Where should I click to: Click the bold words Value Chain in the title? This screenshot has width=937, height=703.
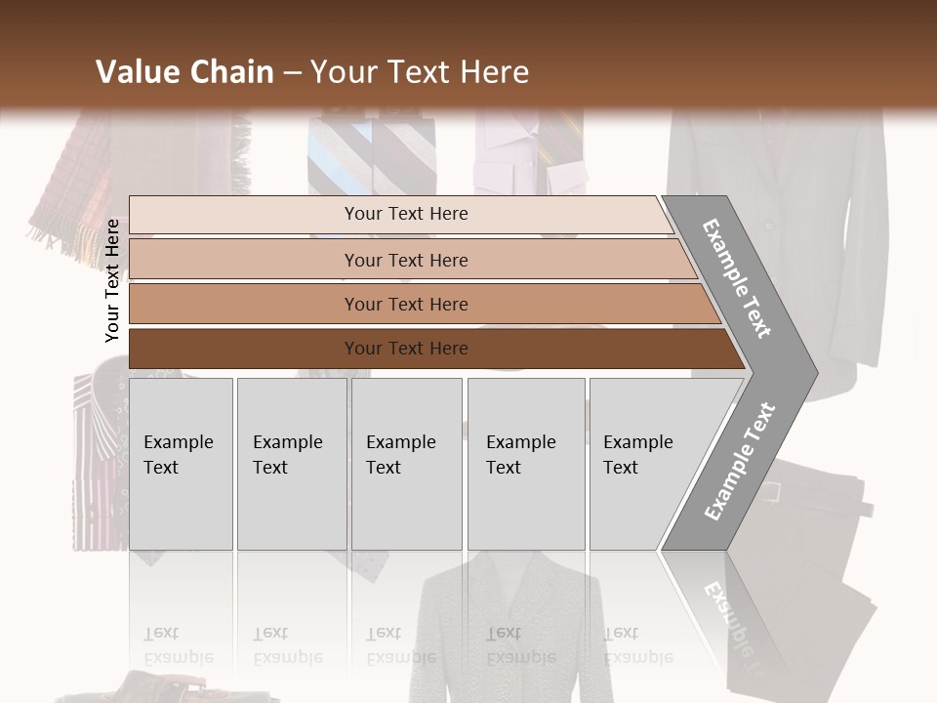coord(184,72)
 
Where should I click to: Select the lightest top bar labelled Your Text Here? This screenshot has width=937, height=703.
coord(405,214)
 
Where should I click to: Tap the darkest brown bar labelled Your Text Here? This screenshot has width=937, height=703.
coord(405,349)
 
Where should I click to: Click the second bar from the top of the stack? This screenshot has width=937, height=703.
coord(405,260)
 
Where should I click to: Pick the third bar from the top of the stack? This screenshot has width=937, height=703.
coord(405,304)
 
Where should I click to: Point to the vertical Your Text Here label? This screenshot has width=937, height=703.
coord(112,280)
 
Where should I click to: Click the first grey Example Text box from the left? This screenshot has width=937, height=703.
coord(181,463)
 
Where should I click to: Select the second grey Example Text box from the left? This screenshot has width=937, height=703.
coord(291,463)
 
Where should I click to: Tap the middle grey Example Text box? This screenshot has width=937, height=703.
coord(406,463)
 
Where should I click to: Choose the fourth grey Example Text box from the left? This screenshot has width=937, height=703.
coord(525,463)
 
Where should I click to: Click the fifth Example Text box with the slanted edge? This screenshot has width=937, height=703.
coord(639,463)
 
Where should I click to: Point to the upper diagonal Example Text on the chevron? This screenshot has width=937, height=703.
coord(738,278)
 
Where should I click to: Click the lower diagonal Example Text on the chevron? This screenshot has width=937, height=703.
coord(740,462)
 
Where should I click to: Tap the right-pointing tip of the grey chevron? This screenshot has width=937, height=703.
coord(814,371)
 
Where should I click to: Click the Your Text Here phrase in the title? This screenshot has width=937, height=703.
coord(420,72)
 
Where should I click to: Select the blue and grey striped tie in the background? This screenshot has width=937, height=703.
coord(342,156)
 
